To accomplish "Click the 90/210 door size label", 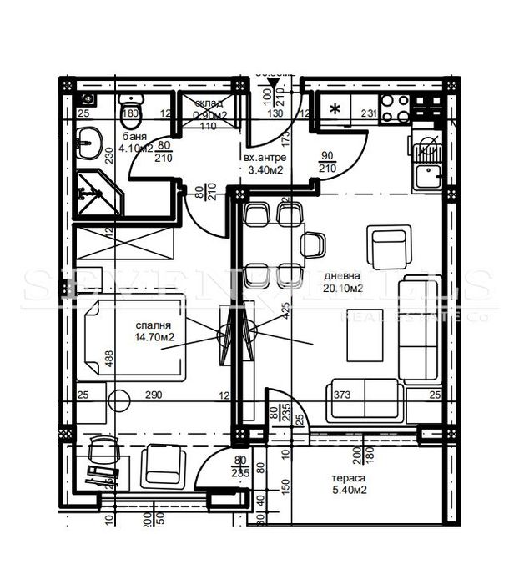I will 327,162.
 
